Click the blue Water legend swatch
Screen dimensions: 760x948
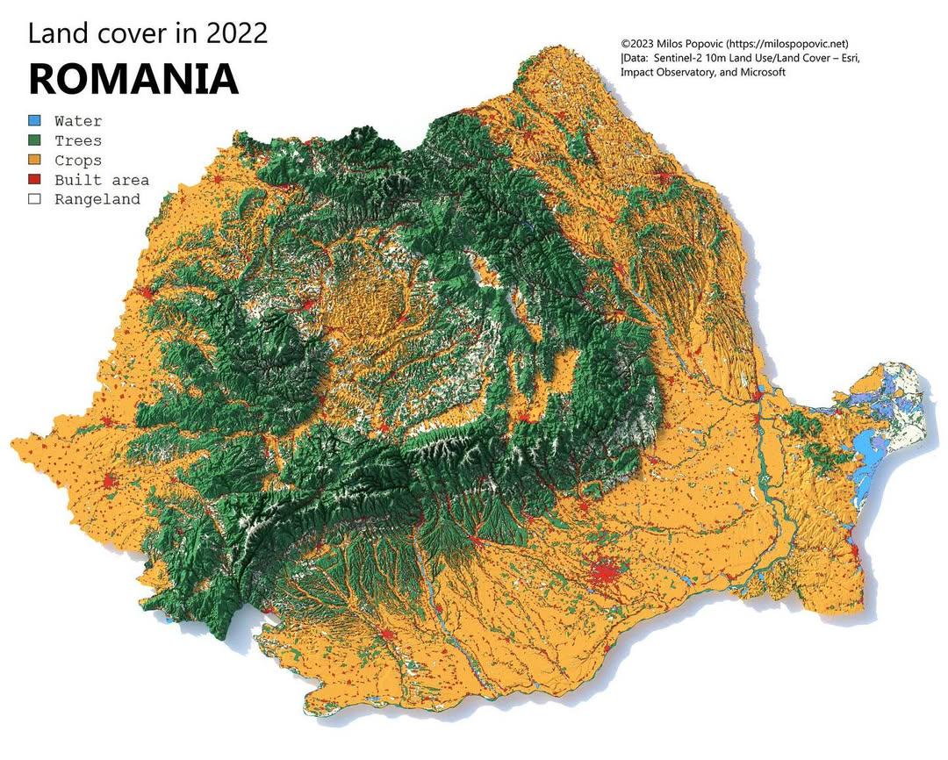coord(34,121)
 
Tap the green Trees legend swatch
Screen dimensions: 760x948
coord(34,140)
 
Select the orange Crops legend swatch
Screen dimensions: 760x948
coord(34,161)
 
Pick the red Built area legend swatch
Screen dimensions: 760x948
coord(34,180)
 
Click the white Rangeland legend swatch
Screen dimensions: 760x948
coord(34,199)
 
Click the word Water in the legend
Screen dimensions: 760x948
coord(78,121)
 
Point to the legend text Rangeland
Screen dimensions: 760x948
coord(97,199)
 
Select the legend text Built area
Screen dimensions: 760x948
coord(101,180)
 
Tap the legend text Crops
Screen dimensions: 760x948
coord(78,161)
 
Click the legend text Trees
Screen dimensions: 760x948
coord(78,140)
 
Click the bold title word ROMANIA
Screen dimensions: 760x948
coord(133,79)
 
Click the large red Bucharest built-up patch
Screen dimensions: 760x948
coord(604,575)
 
